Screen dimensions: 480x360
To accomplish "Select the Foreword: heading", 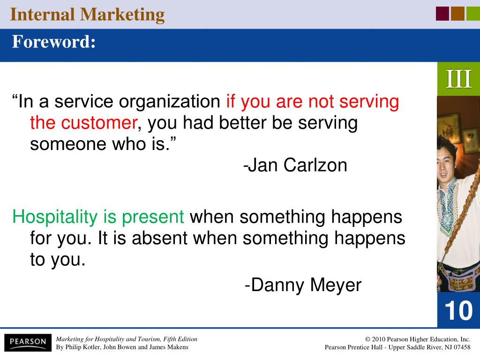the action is [54, 42].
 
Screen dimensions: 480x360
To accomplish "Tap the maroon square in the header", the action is [442, 14].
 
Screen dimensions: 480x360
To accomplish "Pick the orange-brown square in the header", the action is [457, 14].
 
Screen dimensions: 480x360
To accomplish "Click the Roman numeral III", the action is [458, 79].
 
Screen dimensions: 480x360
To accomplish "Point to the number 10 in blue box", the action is [458, 310].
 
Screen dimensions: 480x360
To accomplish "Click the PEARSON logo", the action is [28, 342].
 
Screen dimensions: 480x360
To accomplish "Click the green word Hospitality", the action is [55, 217].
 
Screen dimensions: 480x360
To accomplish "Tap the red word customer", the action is [99, 123].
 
